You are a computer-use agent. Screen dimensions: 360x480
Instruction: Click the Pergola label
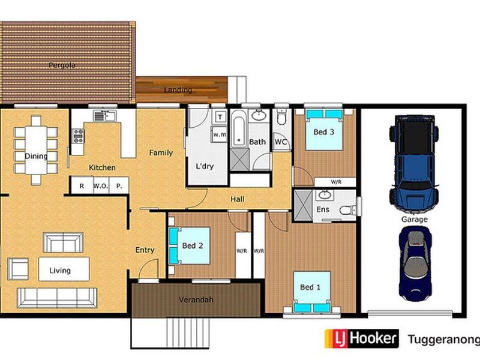point(62,65)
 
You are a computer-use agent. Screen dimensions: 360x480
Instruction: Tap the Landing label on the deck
point(178,90)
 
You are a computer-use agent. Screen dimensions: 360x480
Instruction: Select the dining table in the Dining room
point(36,150)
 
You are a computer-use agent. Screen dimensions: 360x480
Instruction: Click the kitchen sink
point(104,115)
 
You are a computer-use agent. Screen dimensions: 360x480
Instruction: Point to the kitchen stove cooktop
point(78,137)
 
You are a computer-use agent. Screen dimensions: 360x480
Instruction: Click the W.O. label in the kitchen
point(100,186)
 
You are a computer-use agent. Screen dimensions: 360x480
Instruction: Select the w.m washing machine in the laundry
point(219,135)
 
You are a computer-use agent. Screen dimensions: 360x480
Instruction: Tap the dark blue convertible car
point(415,263)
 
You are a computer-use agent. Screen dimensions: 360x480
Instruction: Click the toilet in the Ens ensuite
point(347,209)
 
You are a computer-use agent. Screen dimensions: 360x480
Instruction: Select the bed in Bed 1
point(311,291)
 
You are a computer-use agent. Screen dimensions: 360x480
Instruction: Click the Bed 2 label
point(193,245)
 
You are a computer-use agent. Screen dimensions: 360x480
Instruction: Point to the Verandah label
point(196,300)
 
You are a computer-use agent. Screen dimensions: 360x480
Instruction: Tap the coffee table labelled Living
point(64,269)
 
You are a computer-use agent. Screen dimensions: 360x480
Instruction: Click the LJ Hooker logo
point(361,339)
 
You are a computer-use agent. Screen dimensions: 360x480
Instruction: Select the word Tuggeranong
point(443,340)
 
